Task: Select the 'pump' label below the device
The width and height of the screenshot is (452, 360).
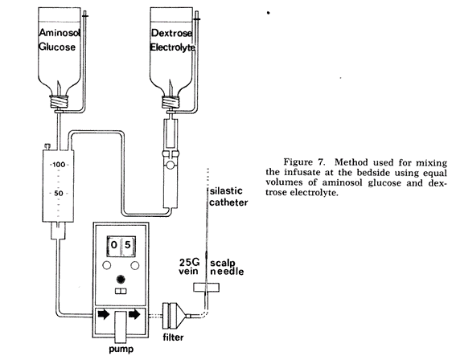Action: pyautogui.click(x=121, y=350)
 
